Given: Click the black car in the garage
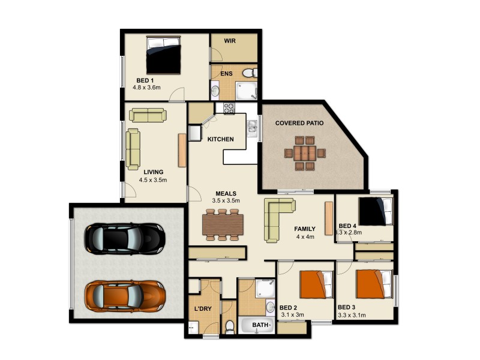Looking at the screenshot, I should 125,238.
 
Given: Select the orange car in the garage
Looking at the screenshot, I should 125,295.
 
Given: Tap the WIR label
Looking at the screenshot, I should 230,41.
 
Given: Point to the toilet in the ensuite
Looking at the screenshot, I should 248,73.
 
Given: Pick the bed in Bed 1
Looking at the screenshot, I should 164,55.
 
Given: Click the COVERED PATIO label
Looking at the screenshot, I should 299,123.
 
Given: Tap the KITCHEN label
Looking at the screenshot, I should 220,139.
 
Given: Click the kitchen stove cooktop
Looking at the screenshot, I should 229,109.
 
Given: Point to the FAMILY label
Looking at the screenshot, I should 305,229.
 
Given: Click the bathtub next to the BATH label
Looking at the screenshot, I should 257,326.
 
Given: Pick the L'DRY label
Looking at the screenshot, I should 202,309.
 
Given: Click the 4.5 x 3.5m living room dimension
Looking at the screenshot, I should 152,179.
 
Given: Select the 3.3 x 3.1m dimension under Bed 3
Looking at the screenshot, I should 352,314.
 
